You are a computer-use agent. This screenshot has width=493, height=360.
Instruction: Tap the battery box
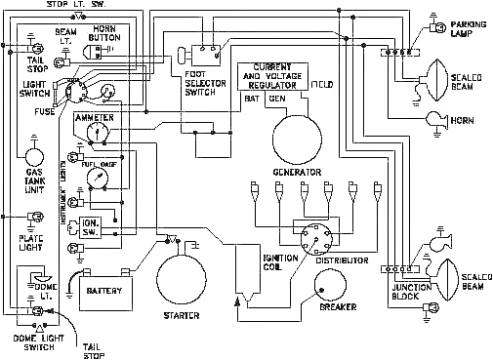[x=103, y=292]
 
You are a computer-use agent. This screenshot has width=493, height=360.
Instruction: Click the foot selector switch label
[x=202, y=88]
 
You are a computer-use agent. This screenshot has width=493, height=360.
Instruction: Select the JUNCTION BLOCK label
[x=412, y=292]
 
